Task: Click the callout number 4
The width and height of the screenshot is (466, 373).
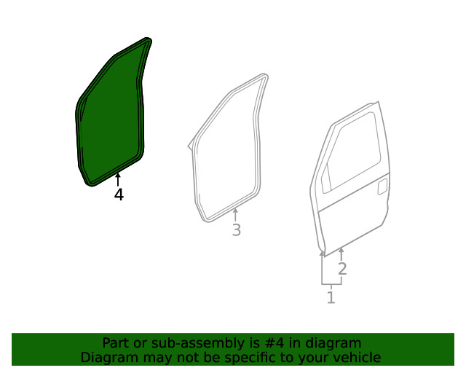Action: click(x=118, y=195)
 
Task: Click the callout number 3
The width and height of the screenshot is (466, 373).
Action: click(x=236, y=230)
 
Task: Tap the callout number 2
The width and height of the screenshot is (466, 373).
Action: click(x=341, y=268)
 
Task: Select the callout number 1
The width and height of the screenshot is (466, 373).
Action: click(x=331, y=297)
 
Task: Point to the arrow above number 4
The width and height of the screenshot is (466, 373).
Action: click(x=118, y=179)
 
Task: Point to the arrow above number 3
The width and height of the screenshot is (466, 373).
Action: click(x=235, y=215)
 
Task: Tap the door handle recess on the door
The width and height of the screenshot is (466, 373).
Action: click(x=381, y=187)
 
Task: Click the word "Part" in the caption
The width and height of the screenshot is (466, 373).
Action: click(x=116, y=343)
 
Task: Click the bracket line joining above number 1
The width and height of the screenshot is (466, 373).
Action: click(x=331, y=283)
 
